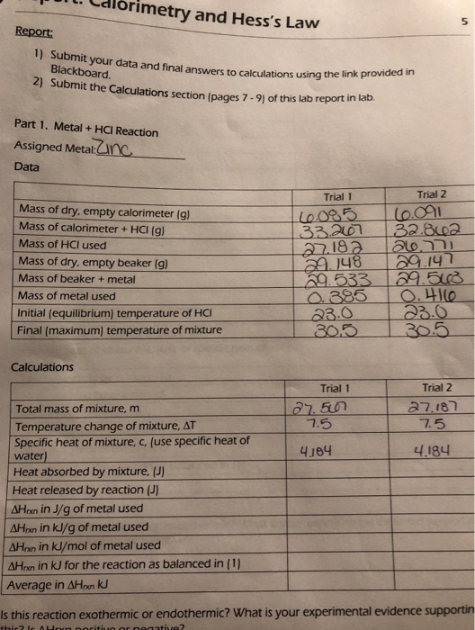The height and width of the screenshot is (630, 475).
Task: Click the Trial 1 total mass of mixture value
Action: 318,409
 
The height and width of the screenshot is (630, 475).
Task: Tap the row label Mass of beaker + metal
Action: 66,279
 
